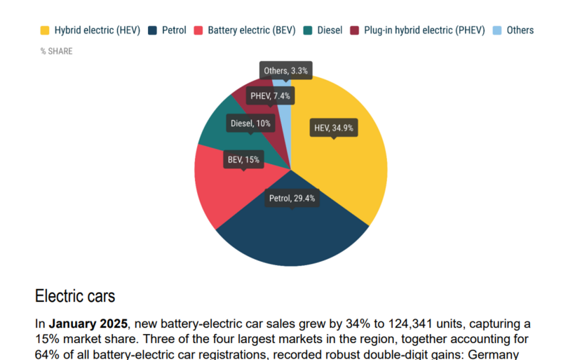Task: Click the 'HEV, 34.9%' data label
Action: coord(334,128)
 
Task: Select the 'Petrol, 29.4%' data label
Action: coord(292,199)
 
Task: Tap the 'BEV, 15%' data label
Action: coord(243,160)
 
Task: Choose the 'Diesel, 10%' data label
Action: coord(250,124)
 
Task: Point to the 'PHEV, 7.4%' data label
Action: coord(270,95)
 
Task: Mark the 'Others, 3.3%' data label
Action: coord(285,70)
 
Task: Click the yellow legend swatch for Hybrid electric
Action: coord(45,30)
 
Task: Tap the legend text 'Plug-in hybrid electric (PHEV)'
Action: coord(424,30)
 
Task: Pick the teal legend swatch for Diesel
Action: coord(308,30)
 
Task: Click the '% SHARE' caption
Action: coord(56,51)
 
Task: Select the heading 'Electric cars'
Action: coord(75,295)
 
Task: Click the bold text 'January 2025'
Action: coord(89,324)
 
